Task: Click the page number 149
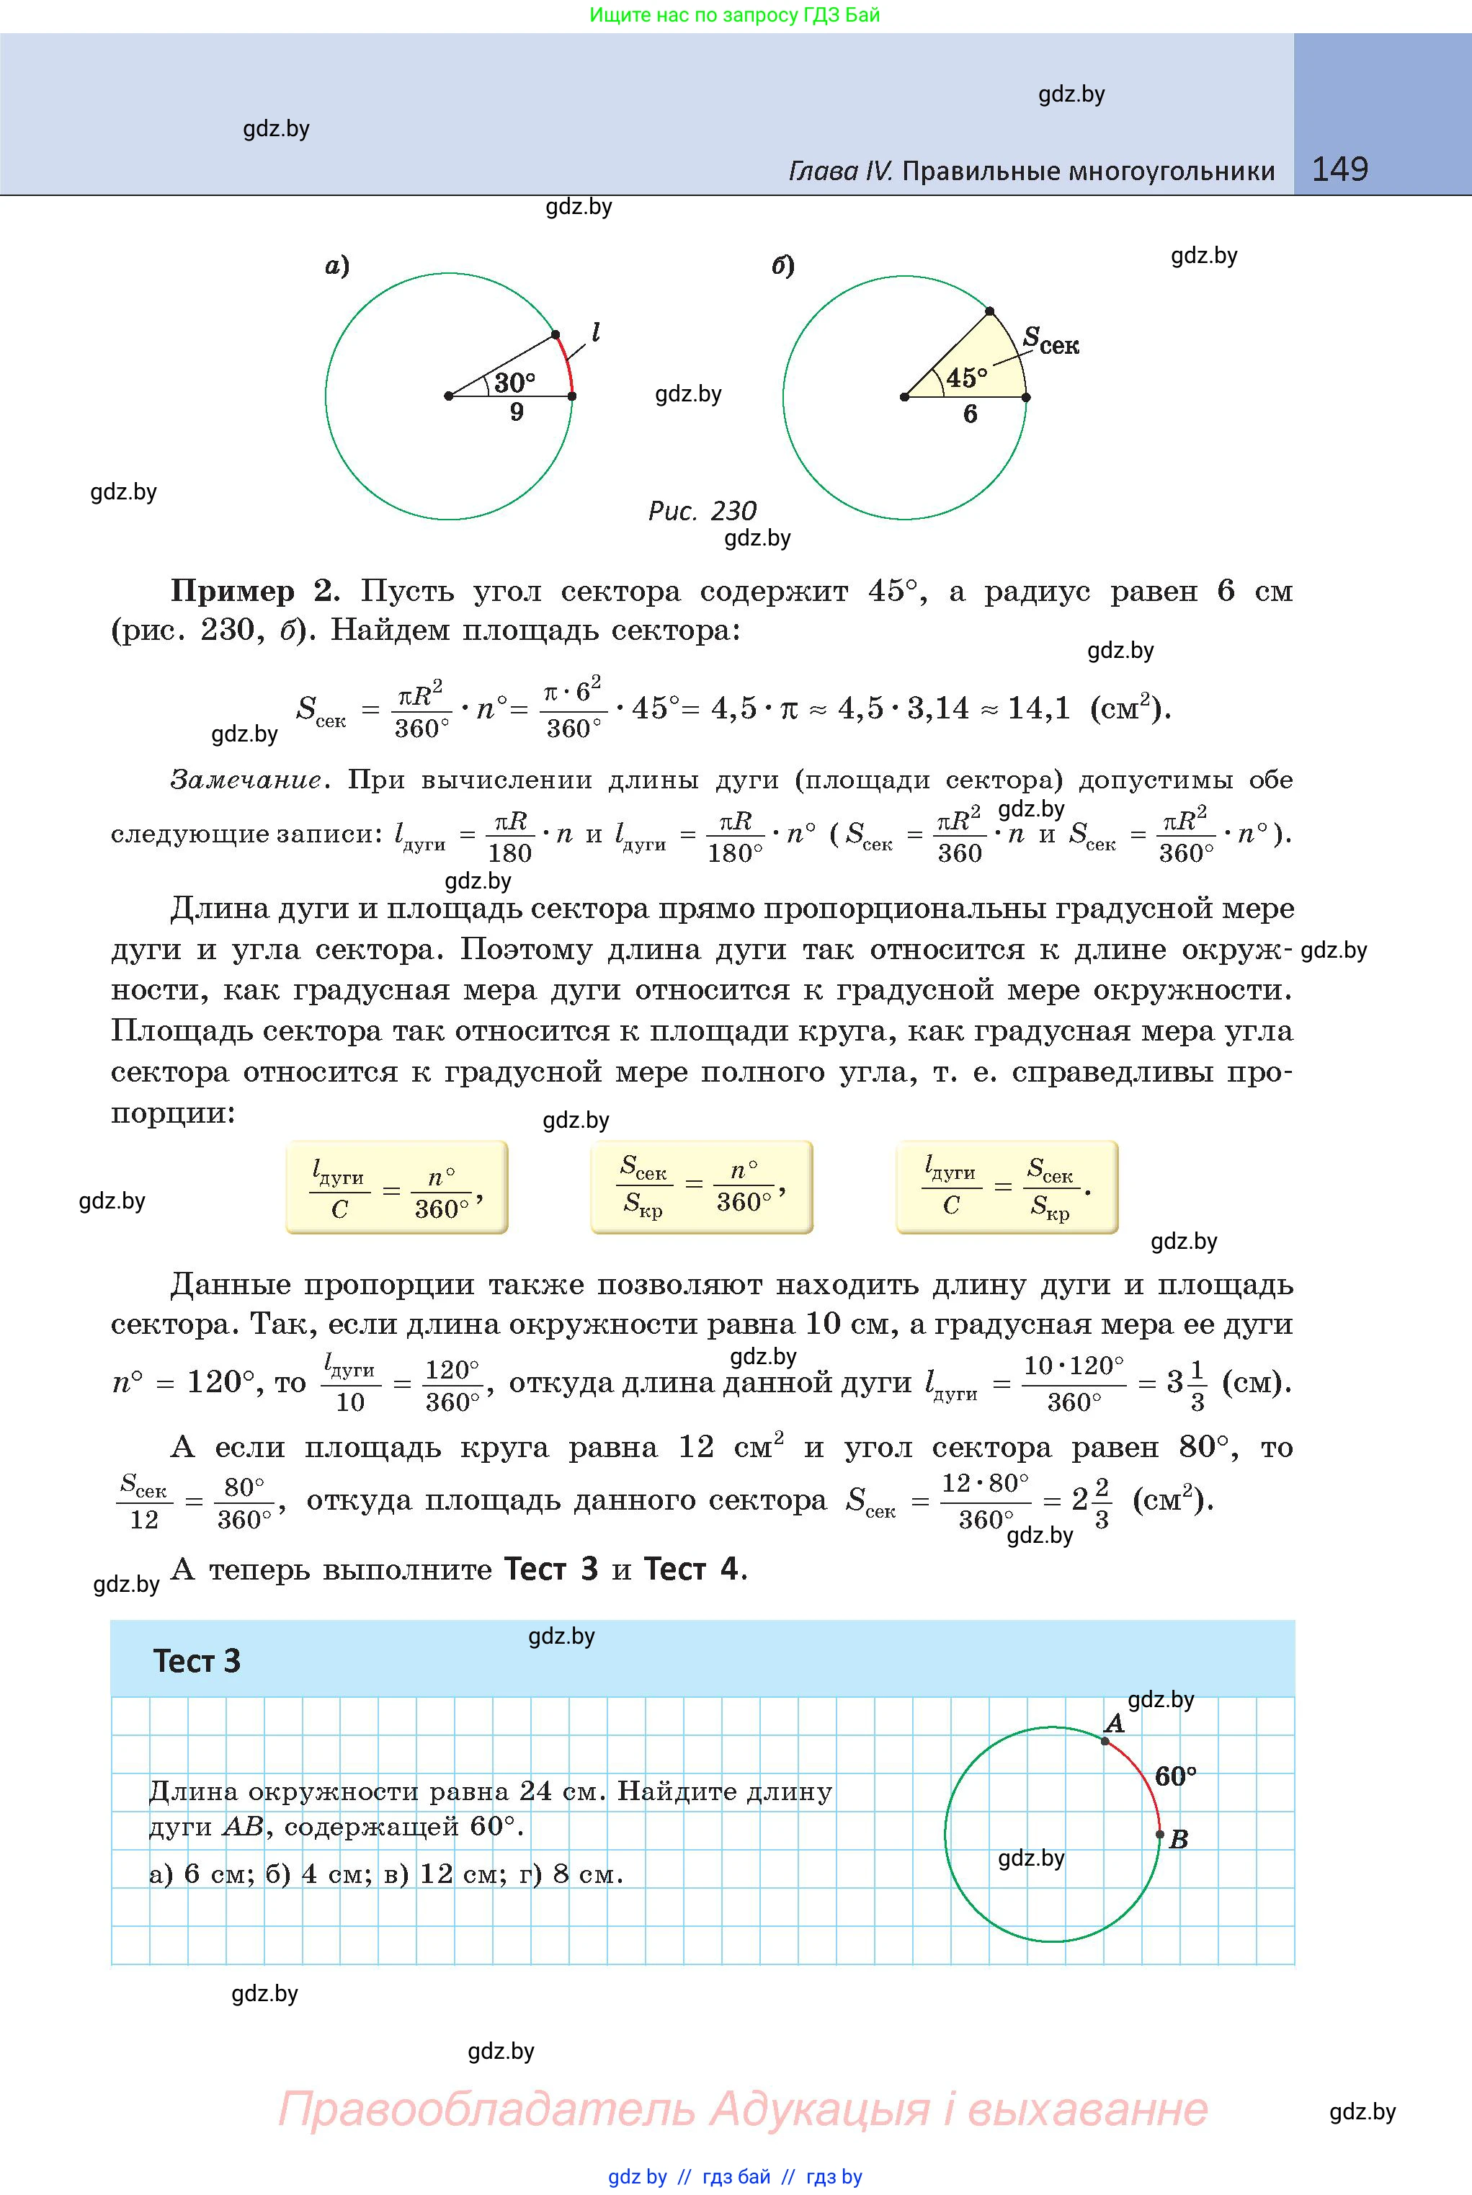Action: click(x=1339, y=169)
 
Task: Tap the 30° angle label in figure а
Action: click(x=514, y=382)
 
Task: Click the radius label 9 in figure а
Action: click(x=517, y=412)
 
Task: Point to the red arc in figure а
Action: click(x=566, y=364)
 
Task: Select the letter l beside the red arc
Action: click(x=595, y=332)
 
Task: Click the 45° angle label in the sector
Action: click(x=966, y=378)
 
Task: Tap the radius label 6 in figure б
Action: click(x=971, y=414)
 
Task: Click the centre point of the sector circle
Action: click(x=904, y=397)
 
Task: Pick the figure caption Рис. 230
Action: click(x=702, y=511)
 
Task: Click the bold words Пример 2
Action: click(x=251, y=592)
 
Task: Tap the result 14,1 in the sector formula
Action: click(x=1038, y=708)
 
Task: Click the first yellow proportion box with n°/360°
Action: click(x=396, y=1188)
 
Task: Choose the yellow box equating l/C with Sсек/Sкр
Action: click(x=1007, y=1187)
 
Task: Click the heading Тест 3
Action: click(x=197, y=1661)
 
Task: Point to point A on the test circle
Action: click(x=1105, y=1742)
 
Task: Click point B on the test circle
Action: click(x=1160, y=1833)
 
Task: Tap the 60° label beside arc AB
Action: click(x=1175, y=1776)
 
